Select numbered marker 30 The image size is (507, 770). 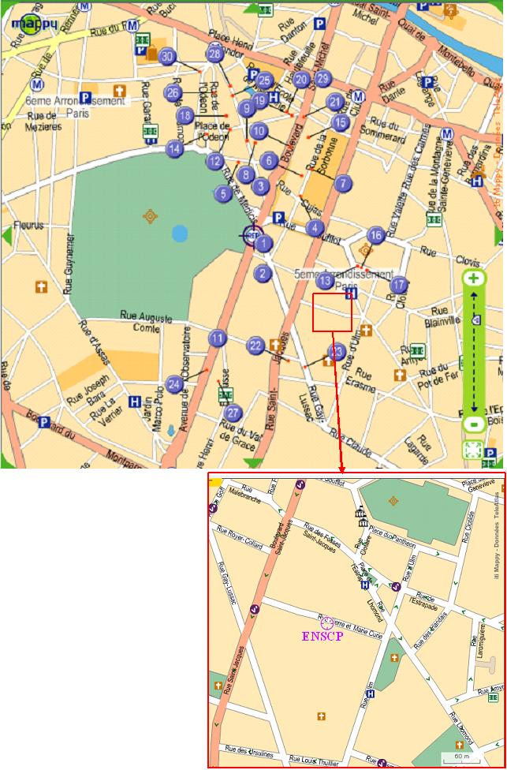(x=166, y=57)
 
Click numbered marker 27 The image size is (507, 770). (x=233, y=413)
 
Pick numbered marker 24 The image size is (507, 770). (x=175, y=384)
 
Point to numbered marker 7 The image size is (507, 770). (x=341, y=183)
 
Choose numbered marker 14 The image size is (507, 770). (x=175, y=148)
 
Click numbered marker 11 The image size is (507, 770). (x=218, y=339)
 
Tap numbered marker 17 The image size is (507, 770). (x=400, y=285)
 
